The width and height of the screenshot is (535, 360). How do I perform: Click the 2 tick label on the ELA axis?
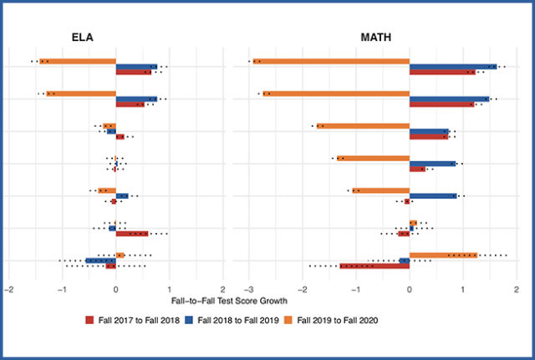click(223, 289)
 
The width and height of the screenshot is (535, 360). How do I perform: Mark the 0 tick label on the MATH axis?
click(410, 289)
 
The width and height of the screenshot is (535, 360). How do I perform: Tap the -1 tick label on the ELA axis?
click(61, 289)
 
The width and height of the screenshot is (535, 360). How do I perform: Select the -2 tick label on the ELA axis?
click(8, 289)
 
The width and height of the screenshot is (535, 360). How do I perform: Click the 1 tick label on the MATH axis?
click(463, 289)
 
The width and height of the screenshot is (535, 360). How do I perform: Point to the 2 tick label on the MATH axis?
click(517, 289)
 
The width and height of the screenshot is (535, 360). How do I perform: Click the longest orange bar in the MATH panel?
click(331, 61)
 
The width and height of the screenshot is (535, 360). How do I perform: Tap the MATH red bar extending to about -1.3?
click(374, 266)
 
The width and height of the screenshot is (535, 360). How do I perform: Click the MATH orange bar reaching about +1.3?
click(443, 255)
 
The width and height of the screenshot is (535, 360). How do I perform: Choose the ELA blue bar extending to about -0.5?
click(100, 261)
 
